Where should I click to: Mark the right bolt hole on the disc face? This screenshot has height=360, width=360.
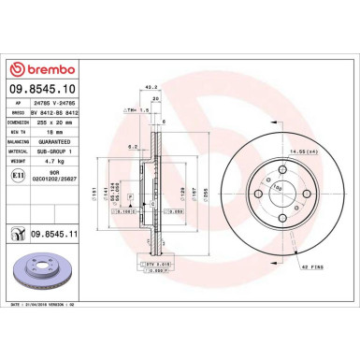tap(302, 193)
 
